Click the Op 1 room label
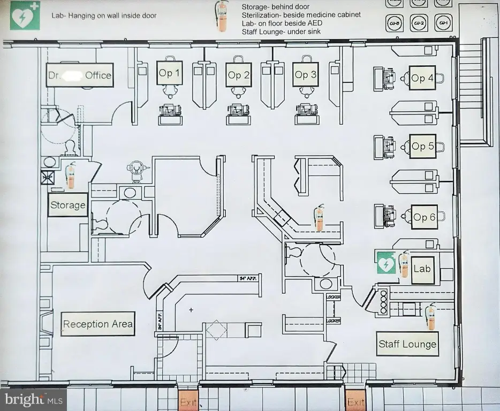click(x=169, y=73)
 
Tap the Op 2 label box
click(x=238, y=75)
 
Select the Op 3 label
click(x=306, y=75)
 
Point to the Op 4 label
click(x=422, y=78)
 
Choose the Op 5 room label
click(x=422, y=146)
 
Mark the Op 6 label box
click(x=424, y=217)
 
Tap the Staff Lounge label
click(x=407, y=344)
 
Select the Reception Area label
click(x=97, y=324)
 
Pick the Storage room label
click(x=67, y=205)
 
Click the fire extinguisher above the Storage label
click(x=70, y=176)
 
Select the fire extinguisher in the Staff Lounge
click(x=430, y=317)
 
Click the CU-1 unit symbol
click(x=443, y=23)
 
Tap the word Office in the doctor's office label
click(x=99, y=75)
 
